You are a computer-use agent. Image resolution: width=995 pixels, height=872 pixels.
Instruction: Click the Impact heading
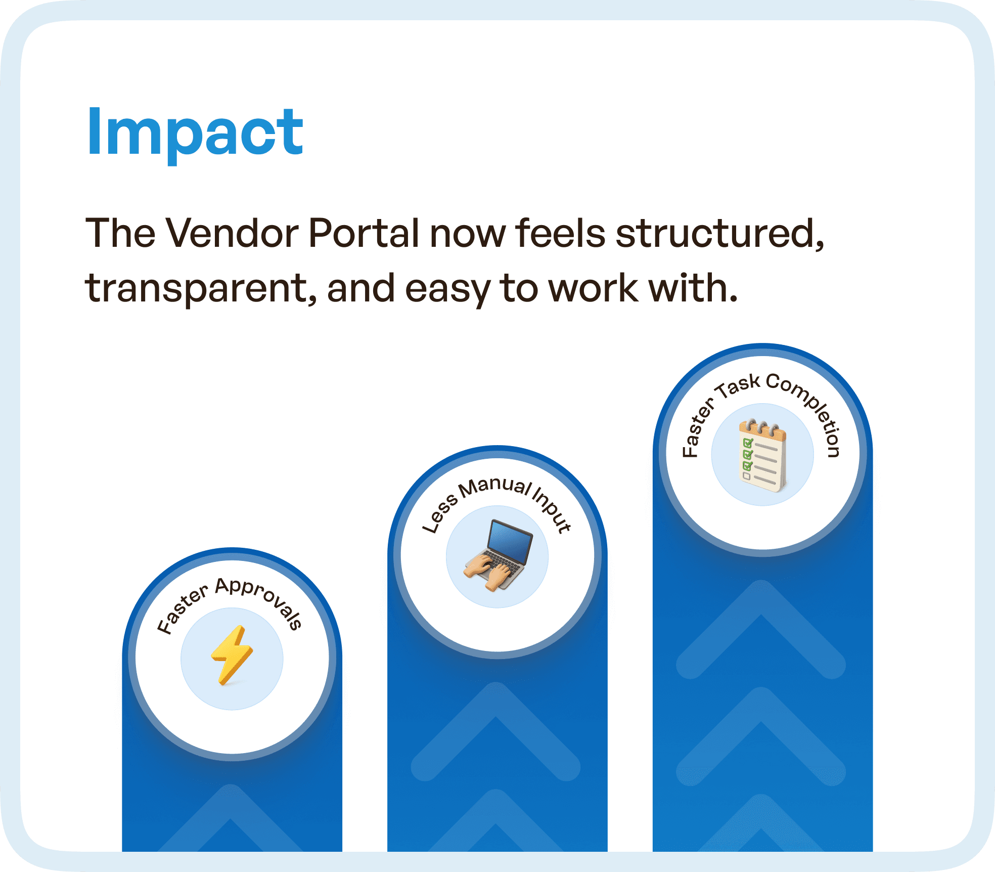tap(195, 133)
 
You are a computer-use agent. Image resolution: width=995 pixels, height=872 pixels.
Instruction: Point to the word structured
tap(719, 234)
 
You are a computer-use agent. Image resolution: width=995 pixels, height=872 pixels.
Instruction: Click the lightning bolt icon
tap(232, 655)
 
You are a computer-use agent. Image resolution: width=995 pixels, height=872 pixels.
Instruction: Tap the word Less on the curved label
tap(439, 516)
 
